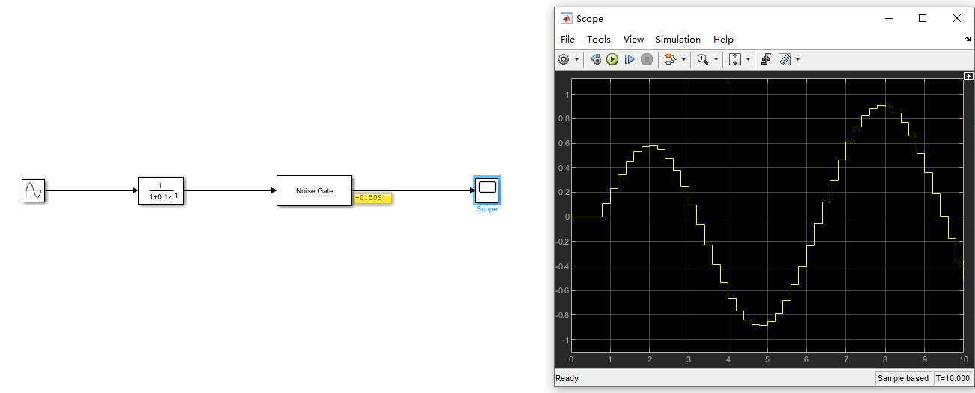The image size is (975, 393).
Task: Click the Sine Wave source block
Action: pyautogui.click(x=34, y=191)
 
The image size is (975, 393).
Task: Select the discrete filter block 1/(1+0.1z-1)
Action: pyautogui.click(x=160, y=191)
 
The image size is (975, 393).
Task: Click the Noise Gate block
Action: pyautogui.click(x=315, y=190)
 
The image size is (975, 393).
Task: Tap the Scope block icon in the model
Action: pyautogui.click(x=487, y=190)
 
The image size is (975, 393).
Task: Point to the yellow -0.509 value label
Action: pyautogui.click(x=373, y=199)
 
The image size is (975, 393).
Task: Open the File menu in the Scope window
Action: pyautogui.click(x=567, y=40)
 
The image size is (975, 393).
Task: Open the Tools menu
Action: pyautogui.click(x=598, y=40)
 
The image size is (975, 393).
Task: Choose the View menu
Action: pyautogui.click(x=633, y=40)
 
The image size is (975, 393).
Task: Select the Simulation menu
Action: pyautogui.click(x=677, y=40)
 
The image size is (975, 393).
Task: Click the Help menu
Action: pyautogui.click(x=723, y=40)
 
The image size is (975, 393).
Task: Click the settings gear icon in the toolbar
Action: pyautogui.click(x=564, y=59)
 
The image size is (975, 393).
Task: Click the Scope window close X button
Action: pyautogui.click(x=956, y=18)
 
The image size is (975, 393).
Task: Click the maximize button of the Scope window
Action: pyautogui.click(x=923, y=18)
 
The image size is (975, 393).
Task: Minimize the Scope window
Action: pyautogui.click(x=889, y=18)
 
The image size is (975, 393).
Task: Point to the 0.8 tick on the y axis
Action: pyautogui.click(x=563, y=118)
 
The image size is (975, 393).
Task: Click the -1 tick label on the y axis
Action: pyautogui.click(x=567, y=340)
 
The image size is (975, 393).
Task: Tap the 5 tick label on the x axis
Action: pyautogui.click(x=767, y=360)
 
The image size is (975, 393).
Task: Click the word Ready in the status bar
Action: pyautogui.click(x=567, y=379)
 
